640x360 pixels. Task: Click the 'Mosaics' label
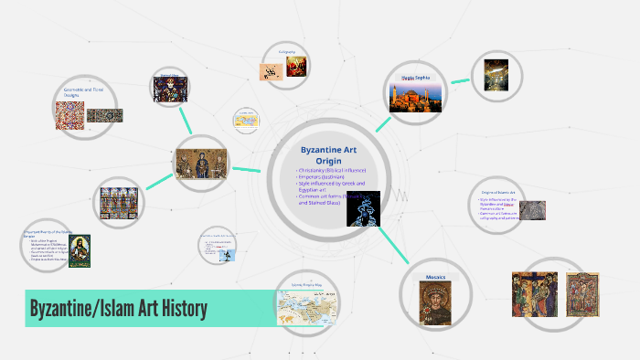coord(435,277)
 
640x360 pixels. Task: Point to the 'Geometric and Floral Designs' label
coord(80,93)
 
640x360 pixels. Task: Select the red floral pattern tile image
coord(69,116)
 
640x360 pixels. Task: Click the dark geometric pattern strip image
coord(105,116)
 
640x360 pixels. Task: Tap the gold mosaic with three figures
coord(200,165)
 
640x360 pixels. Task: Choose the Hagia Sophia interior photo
coord(496,75)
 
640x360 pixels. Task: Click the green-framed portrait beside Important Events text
coord(80,249)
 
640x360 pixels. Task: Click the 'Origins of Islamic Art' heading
coord(499,192)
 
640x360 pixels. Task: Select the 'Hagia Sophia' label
coord(417,78)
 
